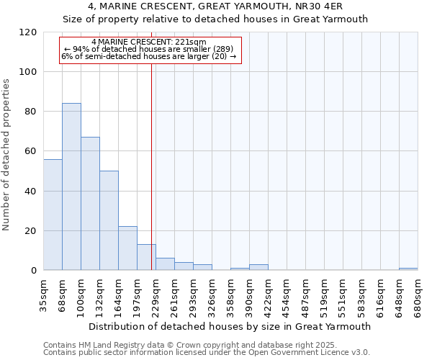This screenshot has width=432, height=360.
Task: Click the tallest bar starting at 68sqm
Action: (71, 187)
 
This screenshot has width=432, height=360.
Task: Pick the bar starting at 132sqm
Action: (109, 220)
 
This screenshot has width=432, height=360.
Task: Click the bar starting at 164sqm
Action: (127, 248)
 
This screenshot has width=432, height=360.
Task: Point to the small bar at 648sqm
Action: (408, 269)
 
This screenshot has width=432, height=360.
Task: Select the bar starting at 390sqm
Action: (258, 267)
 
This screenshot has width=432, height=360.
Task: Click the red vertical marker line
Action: (151, 166)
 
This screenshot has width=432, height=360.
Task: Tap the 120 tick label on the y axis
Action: (28, 32)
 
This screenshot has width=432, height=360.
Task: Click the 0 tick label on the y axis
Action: (34, 271)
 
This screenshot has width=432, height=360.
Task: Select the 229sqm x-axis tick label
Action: (156, 295)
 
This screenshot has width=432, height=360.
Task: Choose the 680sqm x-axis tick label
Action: (418, 295)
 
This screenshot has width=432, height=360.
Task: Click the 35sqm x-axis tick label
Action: (44, 295)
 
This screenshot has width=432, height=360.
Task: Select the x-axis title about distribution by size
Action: (230, 326)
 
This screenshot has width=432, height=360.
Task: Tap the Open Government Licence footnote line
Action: (207, 353)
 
